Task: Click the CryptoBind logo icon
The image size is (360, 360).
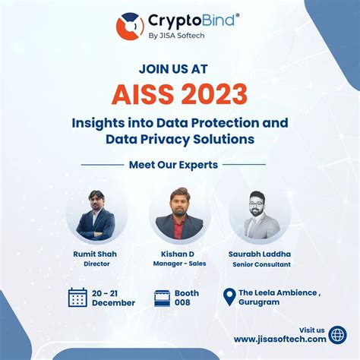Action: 130,26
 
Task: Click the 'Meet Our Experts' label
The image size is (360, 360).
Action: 173,164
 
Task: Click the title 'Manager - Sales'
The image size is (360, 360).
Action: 179,264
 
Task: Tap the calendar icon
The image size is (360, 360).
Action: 77,297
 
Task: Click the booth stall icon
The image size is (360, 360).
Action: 161,297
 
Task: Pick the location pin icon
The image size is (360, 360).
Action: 228,296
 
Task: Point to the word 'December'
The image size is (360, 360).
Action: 114,302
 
